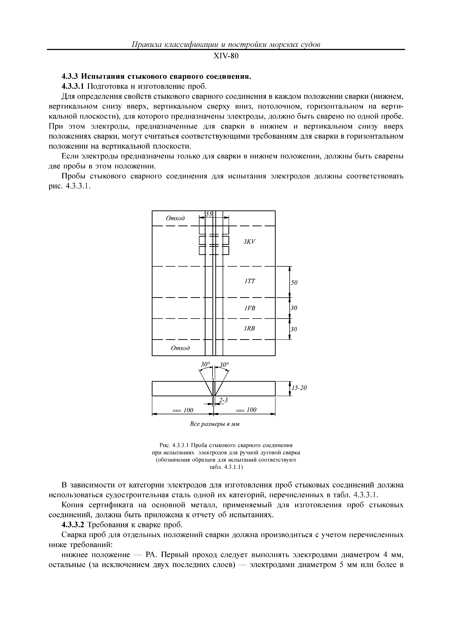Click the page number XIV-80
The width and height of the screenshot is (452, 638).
[226, 56]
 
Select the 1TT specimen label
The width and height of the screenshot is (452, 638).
[249, 282]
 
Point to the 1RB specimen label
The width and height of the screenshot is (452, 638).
[249, 328]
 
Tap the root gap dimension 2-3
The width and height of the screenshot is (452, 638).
[223, 400]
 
